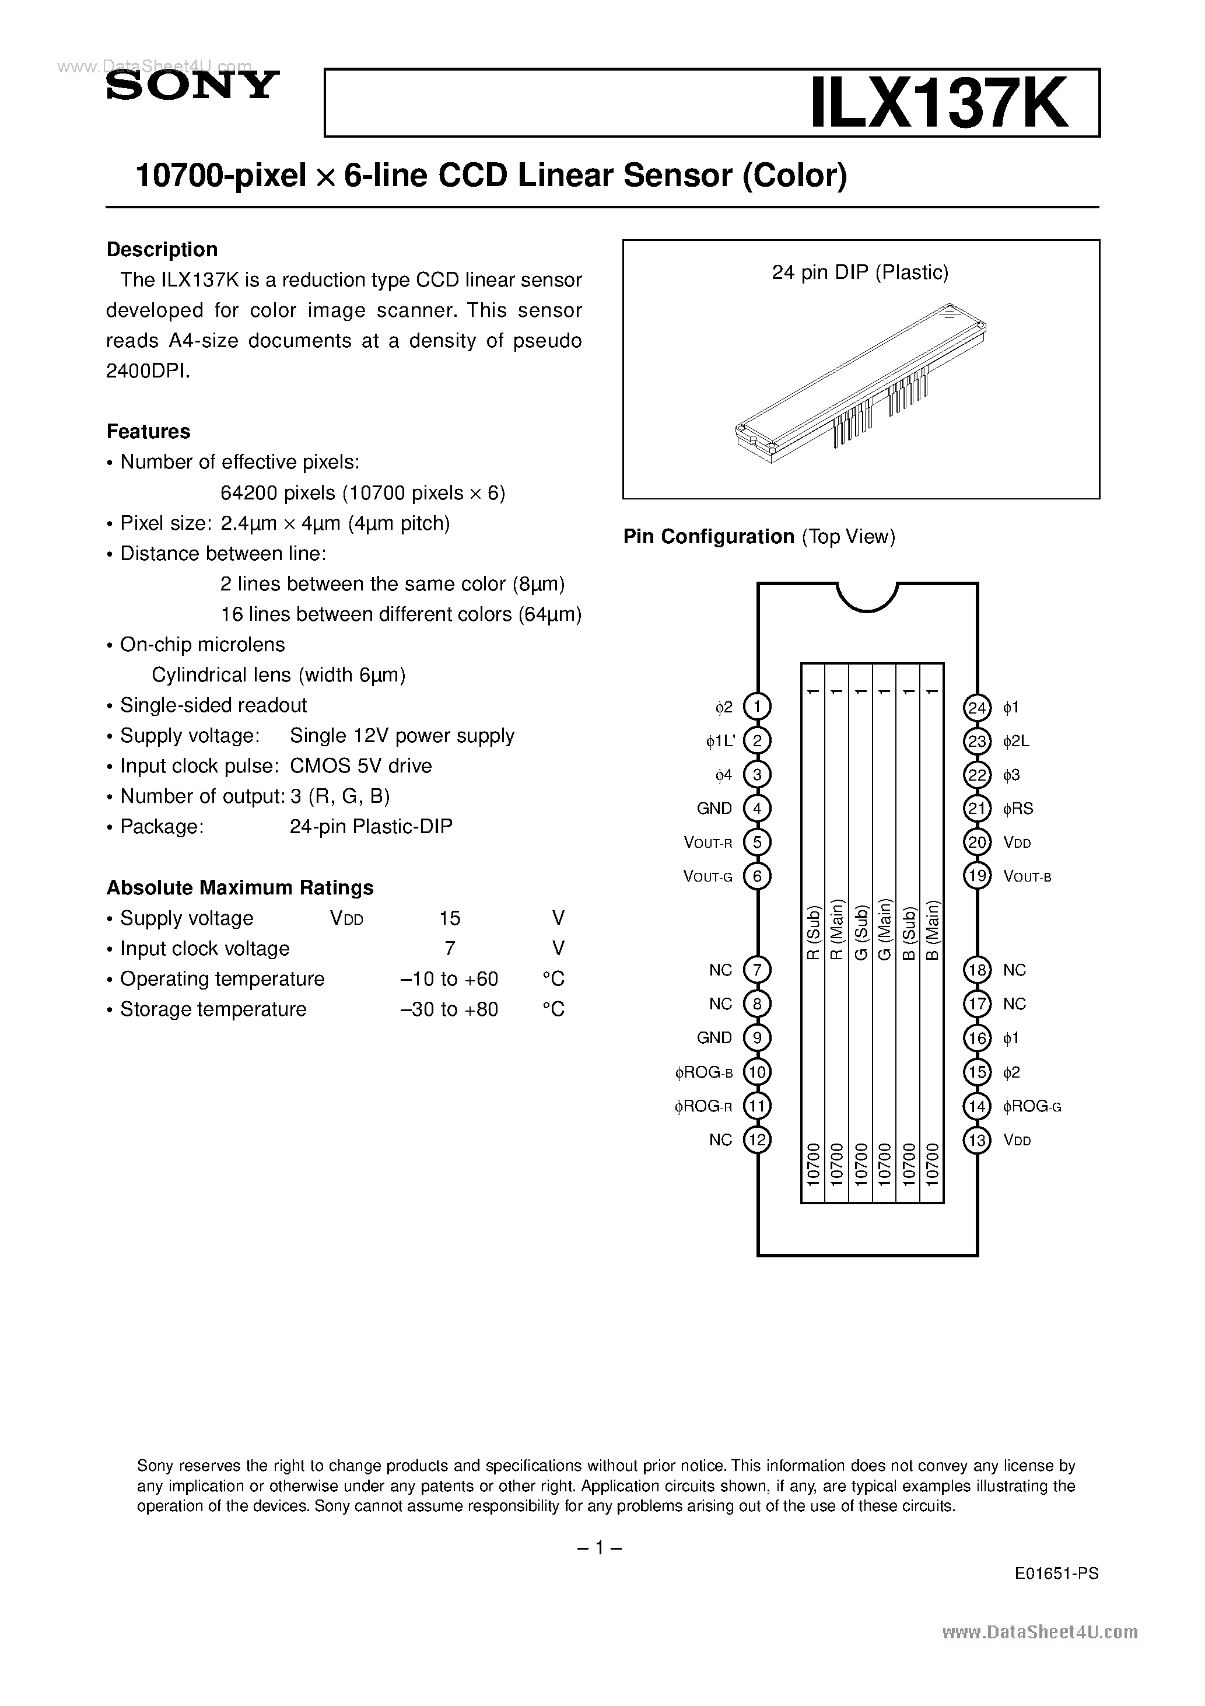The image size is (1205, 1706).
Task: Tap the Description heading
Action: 162,250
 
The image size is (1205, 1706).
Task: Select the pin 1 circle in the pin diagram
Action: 757,707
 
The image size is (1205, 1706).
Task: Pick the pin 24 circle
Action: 977,707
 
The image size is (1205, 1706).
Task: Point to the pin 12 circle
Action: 757,1140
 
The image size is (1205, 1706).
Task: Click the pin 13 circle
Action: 977,1140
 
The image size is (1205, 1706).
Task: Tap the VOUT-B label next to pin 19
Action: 1028,877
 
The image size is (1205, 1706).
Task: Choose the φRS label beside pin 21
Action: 1018,809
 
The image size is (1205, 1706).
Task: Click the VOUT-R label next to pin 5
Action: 708,842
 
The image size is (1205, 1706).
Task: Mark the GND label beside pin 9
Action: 714,1038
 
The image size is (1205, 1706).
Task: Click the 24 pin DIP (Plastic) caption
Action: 860,272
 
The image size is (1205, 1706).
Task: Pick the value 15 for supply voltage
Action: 450,918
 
